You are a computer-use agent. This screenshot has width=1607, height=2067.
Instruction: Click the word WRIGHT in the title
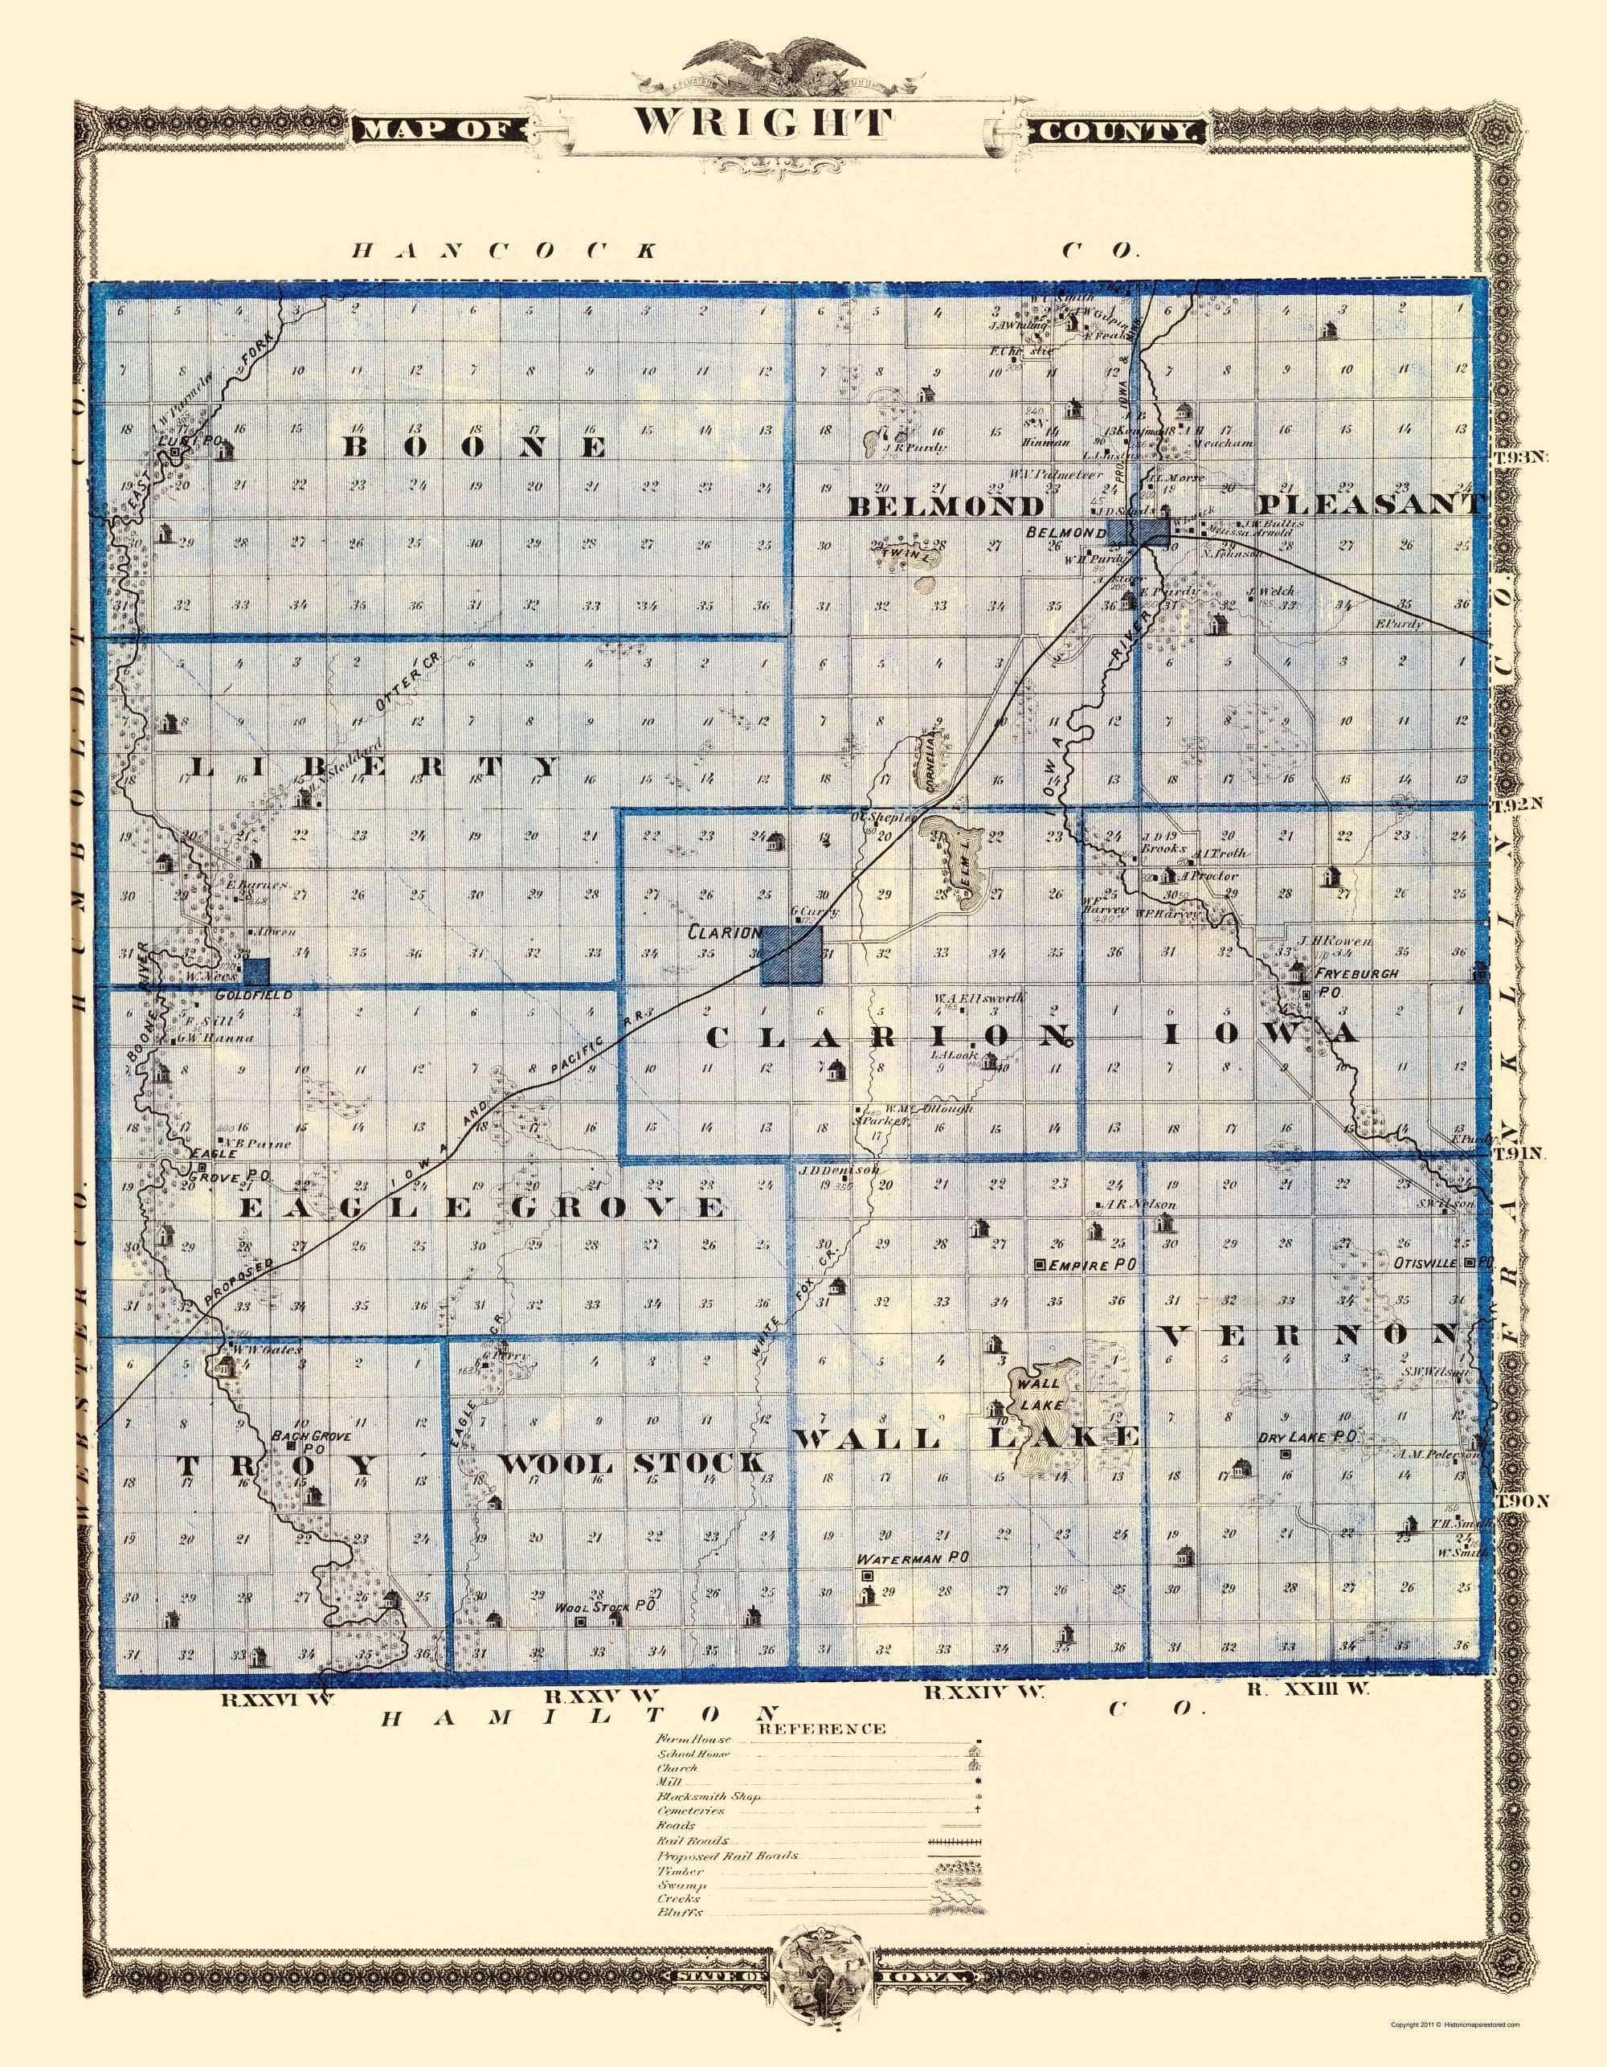(763, 124)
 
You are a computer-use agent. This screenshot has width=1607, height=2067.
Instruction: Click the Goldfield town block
(256, 971)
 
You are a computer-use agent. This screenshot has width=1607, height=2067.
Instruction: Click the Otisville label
(1427, 1262)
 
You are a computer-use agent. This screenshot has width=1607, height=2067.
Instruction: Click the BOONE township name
(473, 447)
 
